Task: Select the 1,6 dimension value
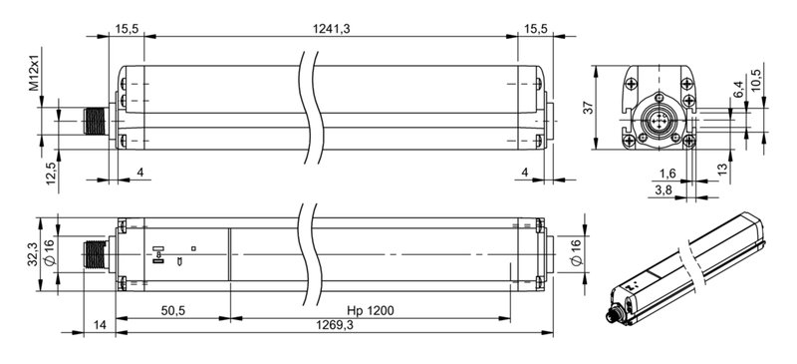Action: pyautogui.click(x=666, y=173)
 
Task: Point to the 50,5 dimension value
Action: pyautogui.click(x=172, y=311)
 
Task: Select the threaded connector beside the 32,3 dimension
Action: pyautogui.click(x=95, y=255)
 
